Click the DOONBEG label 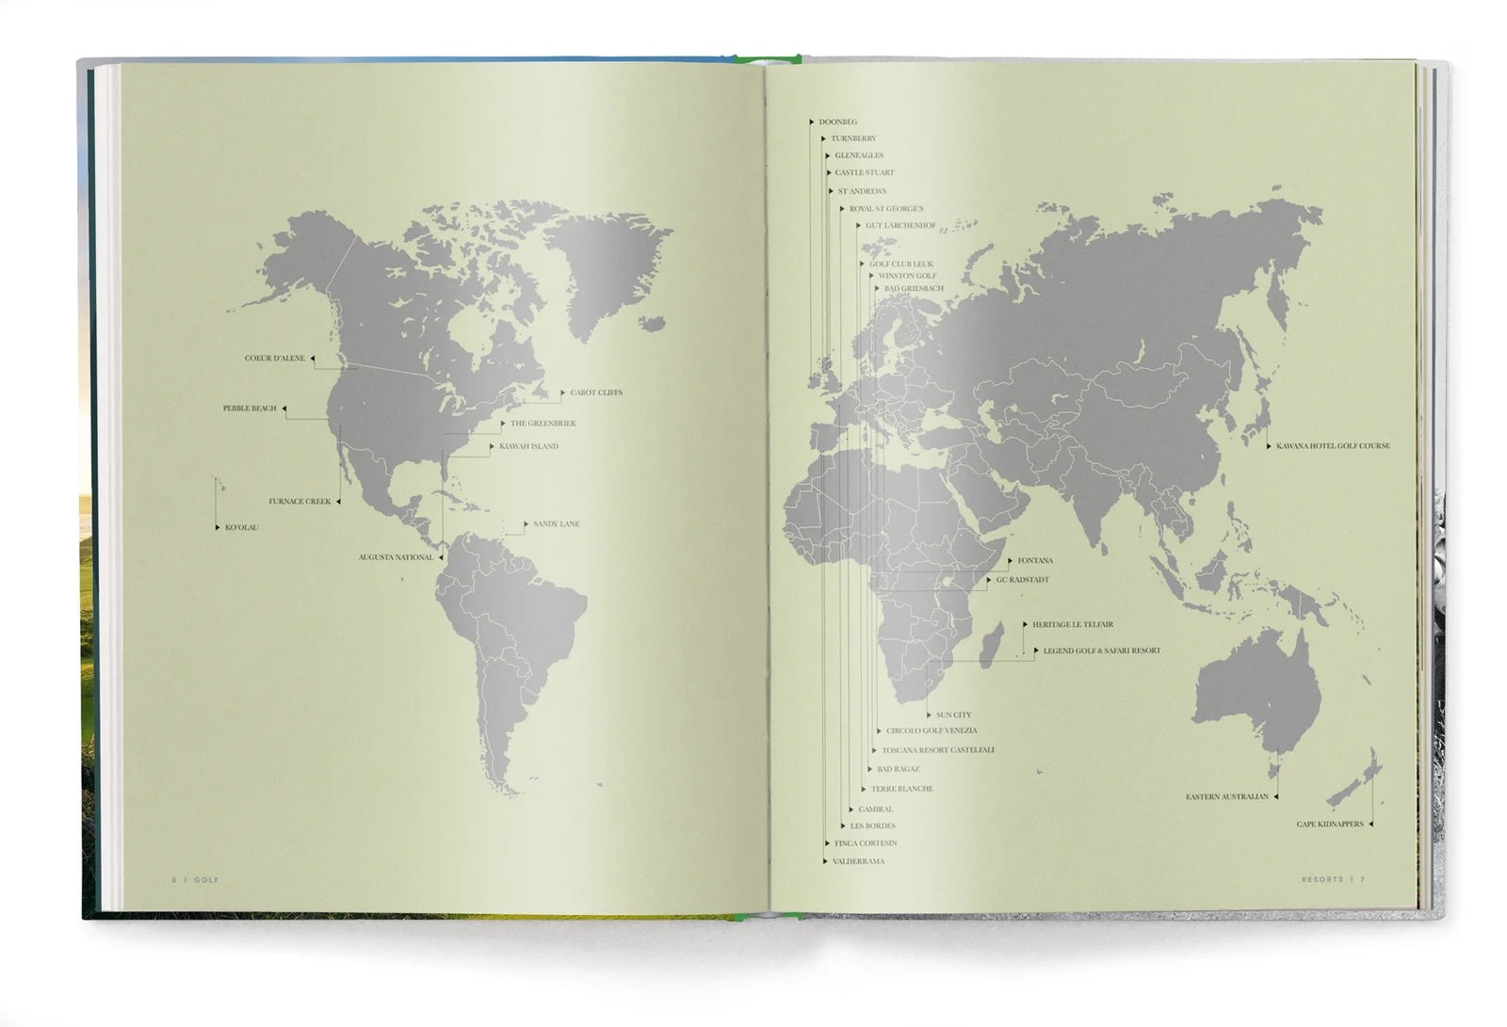[837, 122]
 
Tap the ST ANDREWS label [862, 191]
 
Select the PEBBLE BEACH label [250, 409]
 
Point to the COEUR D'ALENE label [275, 359]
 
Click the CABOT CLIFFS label [596, 393]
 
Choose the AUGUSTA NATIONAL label [396, 557]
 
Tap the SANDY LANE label [556, 523]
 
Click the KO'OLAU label [241, 527]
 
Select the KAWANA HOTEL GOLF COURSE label [1333, 446]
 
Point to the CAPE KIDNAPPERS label [1329, 825]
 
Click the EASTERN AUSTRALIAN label [1226, 797]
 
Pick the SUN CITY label [953, 715]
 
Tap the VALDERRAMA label [858, 861]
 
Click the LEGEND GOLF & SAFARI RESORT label [1101, 650]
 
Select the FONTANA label [1035, 561]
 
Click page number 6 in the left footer [173, 879]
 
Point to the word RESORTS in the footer [1321, 879]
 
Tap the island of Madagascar [989, 649]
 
